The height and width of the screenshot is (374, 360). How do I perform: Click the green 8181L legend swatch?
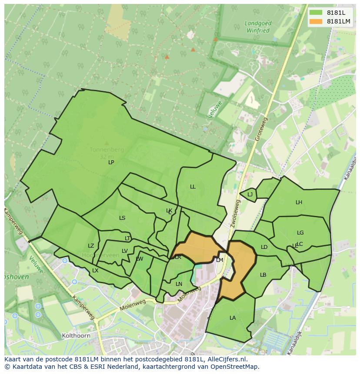click(316, 13)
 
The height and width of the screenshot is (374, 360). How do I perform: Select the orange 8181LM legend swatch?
click(316, 21)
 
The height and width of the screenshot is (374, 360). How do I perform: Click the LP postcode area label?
click(111, 162)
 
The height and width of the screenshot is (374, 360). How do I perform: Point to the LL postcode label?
click(193, 187)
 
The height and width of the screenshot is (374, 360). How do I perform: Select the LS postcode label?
click(122, 218)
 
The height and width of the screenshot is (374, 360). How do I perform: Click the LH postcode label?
click(299, 202)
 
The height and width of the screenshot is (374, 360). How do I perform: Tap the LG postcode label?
click(300, 233)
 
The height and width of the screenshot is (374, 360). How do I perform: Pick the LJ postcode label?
click(250, 195)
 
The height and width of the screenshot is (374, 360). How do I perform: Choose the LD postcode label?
click(264, 247)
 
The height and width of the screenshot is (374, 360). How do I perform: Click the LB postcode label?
click(263, 275)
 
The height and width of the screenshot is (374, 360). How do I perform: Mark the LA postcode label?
click(233, 318)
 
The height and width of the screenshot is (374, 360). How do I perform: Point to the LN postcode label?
click(179, 284)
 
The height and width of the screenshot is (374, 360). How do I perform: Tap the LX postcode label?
click(95, 271)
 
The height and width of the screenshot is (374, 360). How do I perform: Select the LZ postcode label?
click(91, 246)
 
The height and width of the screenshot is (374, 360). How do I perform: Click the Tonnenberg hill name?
click(107, 150)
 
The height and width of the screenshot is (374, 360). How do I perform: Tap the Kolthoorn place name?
click(76, 336)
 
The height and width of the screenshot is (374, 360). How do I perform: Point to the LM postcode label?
click(220, 260)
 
